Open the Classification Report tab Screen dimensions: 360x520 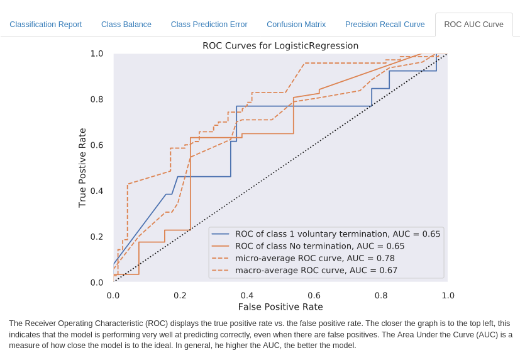(x=46, y=25)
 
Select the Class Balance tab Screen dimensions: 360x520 (x=126, y=25)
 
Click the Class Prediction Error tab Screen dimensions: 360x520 (x=209, y=25)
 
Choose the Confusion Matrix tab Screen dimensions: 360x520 (x=296, y=25)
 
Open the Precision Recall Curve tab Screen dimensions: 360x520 (x=385, y=25)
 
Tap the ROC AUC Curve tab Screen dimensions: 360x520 (x=473, y=25)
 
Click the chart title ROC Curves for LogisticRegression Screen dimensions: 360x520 (x=280, y=46)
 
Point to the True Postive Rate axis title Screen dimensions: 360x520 (x=82, y=167)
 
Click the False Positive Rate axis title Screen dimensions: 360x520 (x=280, y=307)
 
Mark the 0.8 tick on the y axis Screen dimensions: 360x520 (x=97, y=99)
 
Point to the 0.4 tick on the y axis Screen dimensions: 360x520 (x=97, y=191)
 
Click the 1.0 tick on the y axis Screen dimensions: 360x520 (x=97, y=53)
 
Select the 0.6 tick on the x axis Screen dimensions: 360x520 (x=314, y=295)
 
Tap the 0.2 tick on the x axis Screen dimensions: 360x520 (x=180, y=295)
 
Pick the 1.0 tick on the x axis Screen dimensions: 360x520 (x=448, y=295)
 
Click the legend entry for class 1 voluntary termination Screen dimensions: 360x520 (x=338, y=234)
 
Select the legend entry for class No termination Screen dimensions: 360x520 (x=319, y=246)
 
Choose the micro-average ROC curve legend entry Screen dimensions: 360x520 (x=315, y=258)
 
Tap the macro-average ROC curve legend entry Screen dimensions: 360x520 (x=316, y=271)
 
